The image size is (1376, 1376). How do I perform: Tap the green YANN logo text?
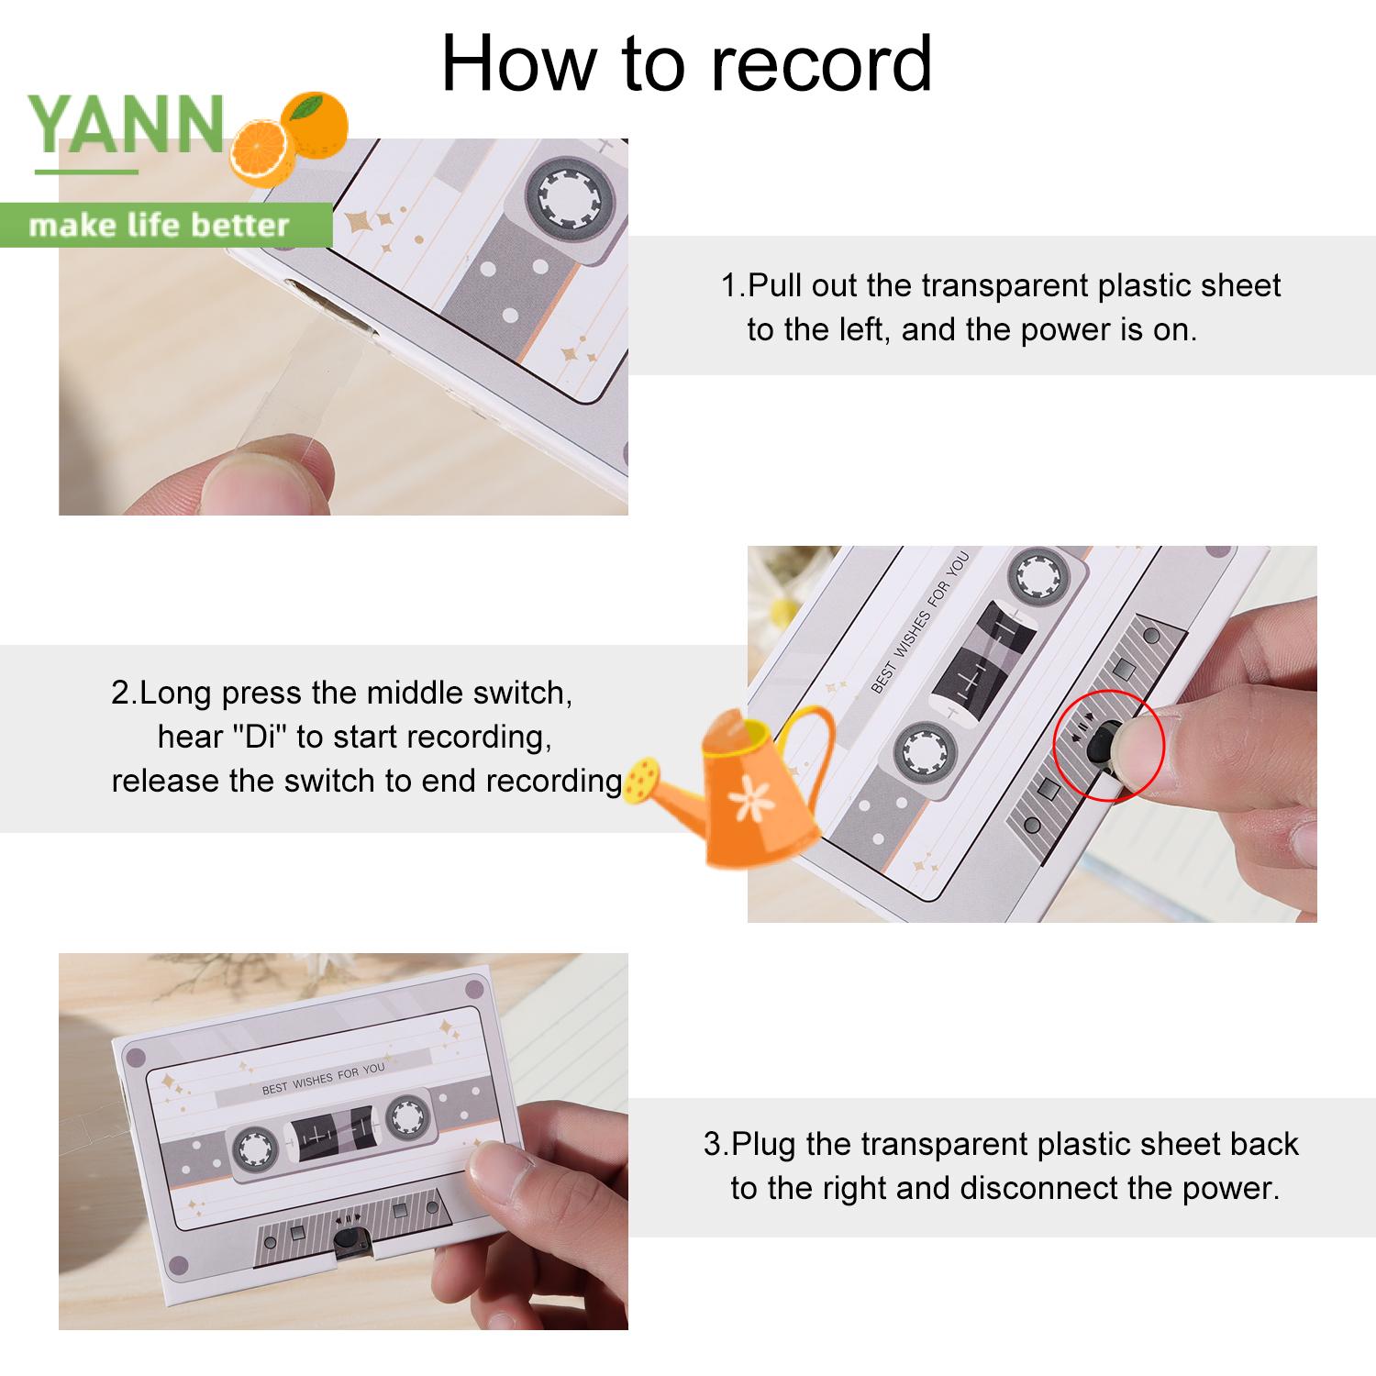(x=127, y=124)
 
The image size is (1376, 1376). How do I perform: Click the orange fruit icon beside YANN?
(x=289, y=137)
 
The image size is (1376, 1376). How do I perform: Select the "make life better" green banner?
(x=165, y=225)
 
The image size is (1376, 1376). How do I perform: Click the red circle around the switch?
(x=1108, y=745)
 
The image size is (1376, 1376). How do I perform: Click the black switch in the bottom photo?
(x=346, y=1239)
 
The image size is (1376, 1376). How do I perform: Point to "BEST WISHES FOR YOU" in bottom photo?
(x=323, y=1079)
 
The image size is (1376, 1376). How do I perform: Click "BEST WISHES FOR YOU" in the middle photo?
(x=919, y=622)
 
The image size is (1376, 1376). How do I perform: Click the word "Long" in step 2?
(x=176, y=693)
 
